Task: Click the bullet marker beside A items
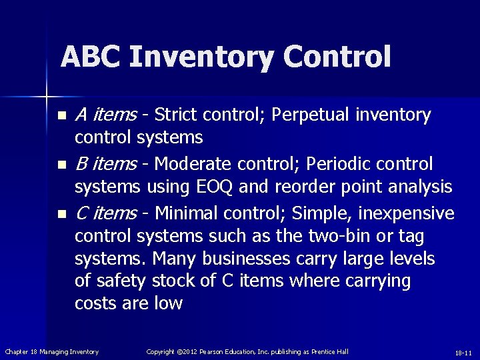pos(62,116)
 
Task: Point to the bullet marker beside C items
pos(62,214)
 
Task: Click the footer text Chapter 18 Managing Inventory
pos(52,351)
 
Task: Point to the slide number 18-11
pos(463,352)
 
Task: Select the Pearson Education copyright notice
pos(247,351)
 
